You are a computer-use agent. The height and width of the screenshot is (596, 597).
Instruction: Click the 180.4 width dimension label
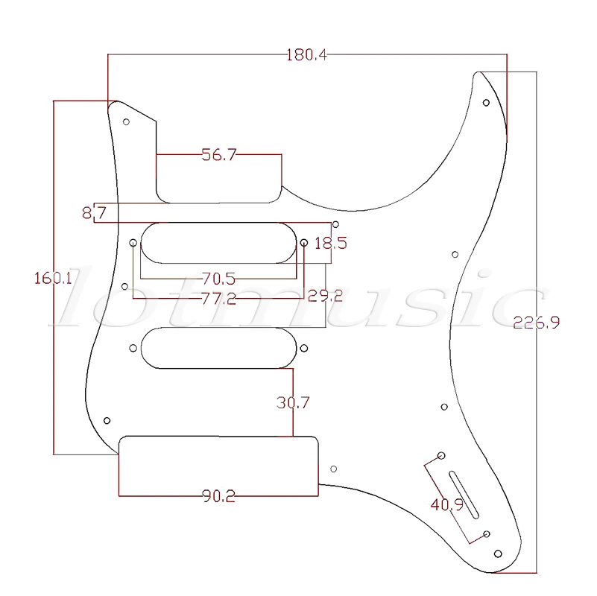pyautogui.click(x=307, y=54)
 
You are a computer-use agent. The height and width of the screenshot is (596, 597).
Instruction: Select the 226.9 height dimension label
pyautogui.click(x=536, y=323)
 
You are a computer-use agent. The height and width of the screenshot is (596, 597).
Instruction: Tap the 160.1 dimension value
pyautogui.click(x=53, y=278)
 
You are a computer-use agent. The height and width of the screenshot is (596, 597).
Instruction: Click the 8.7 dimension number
pyautogui.click(x=94, y=214)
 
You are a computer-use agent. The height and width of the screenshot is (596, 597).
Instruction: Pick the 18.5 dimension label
pyautogui.click(x=330, y=243)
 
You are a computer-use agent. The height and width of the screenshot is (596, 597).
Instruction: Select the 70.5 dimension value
pyautogui.click(x=218, y=279)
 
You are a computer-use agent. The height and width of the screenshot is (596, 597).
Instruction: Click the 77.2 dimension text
pyautogui.click(x=218, y=298)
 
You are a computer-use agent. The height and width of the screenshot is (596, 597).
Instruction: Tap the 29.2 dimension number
pyautogui.click(x=325, y=296)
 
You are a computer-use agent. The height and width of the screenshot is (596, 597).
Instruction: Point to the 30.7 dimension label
pyautogui.click(x=293, y=402)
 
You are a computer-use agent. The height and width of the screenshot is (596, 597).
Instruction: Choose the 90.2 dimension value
pyautogui.click(x=218, y=496)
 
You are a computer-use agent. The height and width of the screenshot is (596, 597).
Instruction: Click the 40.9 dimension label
pyautogui.click(x=446, y=505)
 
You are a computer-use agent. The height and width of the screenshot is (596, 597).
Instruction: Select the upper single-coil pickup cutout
pyautogui.click(x=218, y=243)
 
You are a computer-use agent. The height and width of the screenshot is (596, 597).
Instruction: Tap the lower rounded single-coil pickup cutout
pyautogui.click(x=218, y=347)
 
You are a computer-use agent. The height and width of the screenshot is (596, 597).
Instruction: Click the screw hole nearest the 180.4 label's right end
pyautogui.click(x=486, y=102)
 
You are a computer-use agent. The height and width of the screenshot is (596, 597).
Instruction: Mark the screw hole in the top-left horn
pyautogui.click(x=127, y=121)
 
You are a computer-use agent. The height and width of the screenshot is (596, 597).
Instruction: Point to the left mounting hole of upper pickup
pyautogui.click(x=133, y=243)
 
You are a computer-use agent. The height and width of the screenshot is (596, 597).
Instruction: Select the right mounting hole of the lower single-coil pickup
pyautogui.click(x=304, y=347)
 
